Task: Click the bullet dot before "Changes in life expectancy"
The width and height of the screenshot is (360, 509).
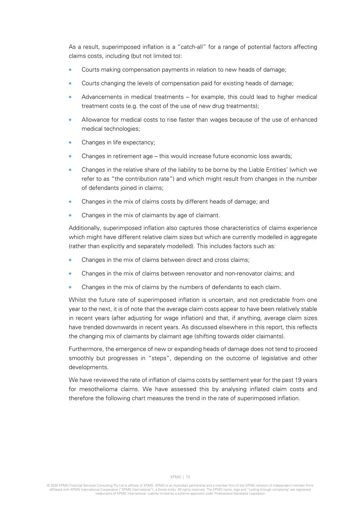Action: point(70,142)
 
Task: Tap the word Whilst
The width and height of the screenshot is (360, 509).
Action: point(77,300)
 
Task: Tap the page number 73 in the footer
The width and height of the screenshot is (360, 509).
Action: point(188,477)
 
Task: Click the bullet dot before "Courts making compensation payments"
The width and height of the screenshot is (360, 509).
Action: point(70,70)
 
